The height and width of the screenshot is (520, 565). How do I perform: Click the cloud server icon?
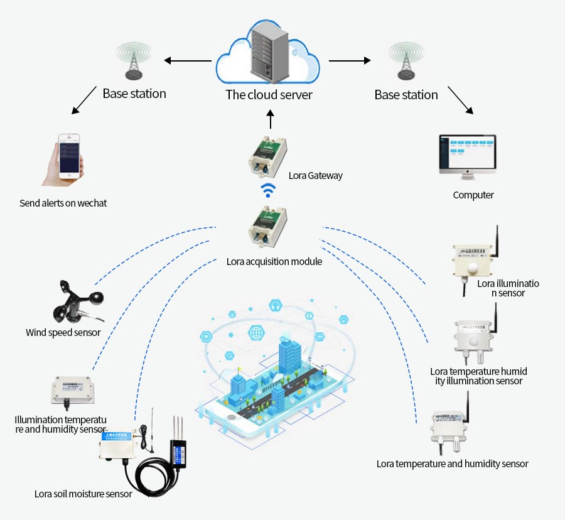pos(269,55)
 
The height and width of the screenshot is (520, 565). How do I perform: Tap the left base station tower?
pos(134,62)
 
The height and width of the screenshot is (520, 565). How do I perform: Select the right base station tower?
pos(405,62)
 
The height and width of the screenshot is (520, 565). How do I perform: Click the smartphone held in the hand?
pos(69,156)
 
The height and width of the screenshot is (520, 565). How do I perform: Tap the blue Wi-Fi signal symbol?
pos(269,190)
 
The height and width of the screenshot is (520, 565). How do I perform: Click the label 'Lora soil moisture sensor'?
pos(83,494)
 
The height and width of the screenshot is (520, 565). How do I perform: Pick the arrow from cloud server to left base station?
pos(188,61)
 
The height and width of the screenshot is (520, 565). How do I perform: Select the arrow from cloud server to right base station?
pos(350,61)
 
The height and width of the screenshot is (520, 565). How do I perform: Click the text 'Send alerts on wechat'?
pos(63,203)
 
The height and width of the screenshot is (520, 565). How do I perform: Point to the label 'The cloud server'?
pos(269,95)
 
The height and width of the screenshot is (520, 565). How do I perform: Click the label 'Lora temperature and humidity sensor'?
pos(452,464)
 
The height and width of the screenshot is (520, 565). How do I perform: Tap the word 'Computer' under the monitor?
pos(473,195)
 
